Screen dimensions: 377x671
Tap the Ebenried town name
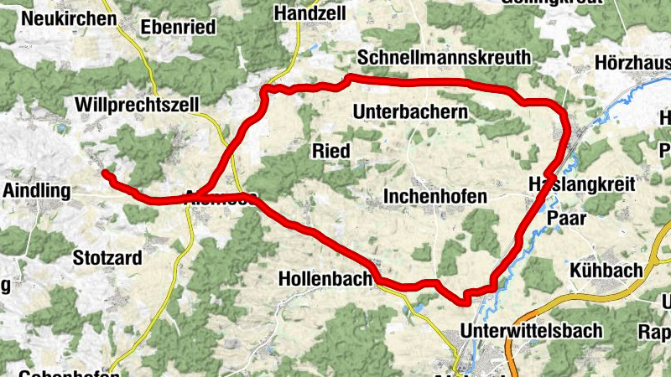[178, 28]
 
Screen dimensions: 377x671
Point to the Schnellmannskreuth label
[444, 57]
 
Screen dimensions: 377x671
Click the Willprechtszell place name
[136, 105]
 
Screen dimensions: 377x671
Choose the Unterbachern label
[410, 111]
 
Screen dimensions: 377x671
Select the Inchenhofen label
[435, 196]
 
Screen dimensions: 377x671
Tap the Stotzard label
[107, 258]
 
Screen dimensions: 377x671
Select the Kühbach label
[606, 271]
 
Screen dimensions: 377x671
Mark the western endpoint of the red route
[105, 173]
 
